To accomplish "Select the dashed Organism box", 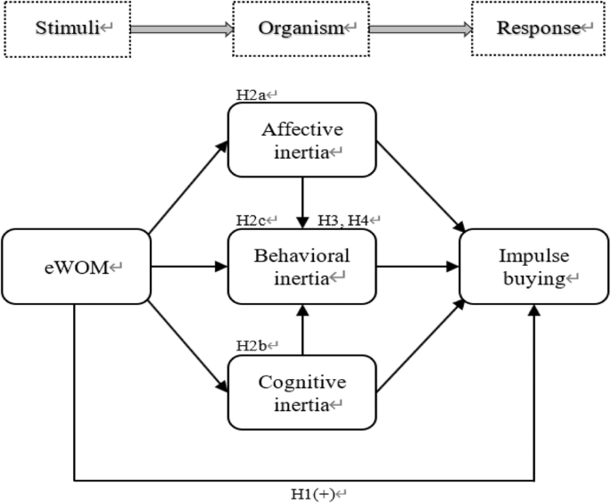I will pos(301,29).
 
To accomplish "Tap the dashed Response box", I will pos(538,29).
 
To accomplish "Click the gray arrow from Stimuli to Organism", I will pos(181,29).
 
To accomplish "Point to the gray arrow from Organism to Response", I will pos(419,29).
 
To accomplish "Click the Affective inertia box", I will pos(302,140).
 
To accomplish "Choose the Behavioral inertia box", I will pos(302,266).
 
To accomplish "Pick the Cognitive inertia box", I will pos(302,392).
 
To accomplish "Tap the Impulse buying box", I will pos(533,266).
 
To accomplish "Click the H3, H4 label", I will pos(351,219).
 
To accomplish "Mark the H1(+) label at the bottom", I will pos(313,493).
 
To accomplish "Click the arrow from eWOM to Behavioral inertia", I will pos(187,266).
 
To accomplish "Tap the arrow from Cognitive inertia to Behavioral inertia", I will pos(303,329).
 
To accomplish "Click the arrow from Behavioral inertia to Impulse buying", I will pos(417,266).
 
